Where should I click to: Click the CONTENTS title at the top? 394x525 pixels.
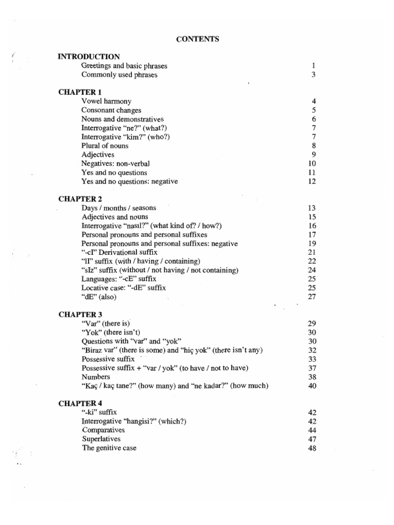(x=198, y=38)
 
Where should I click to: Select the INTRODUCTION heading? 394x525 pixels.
(x=89, y=57)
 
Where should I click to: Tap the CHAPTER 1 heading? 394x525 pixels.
(x=80, y=92)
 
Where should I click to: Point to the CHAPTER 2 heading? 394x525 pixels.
(x=80, y=199)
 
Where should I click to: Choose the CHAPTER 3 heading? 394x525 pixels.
(x=80, y=314)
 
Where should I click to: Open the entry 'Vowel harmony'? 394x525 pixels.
(x=106, y=102)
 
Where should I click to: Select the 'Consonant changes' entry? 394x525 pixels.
(x=111, y=110)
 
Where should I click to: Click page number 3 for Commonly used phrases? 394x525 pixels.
(x=313, y=75)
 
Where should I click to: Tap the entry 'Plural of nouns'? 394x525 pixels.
(x=105, y=146)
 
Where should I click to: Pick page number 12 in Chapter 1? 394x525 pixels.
(x=312, y=181)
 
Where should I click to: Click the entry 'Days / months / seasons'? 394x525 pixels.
(x=119, y=208)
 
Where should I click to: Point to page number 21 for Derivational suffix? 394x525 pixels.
(x=312, y=253)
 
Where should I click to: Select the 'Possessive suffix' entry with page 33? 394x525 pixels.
(x=108, y=359)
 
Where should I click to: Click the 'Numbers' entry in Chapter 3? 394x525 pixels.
(x=95, y=377)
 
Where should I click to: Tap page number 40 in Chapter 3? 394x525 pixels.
(x=312, y=386)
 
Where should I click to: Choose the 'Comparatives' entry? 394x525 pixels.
(x=103, y=430)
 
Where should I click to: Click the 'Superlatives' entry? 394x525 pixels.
(x=102, y=439)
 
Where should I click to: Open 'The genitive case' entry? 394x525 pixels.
(x=109, y=448)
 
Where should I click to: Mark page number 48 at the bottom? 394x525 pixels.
(x=312, y=448)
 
